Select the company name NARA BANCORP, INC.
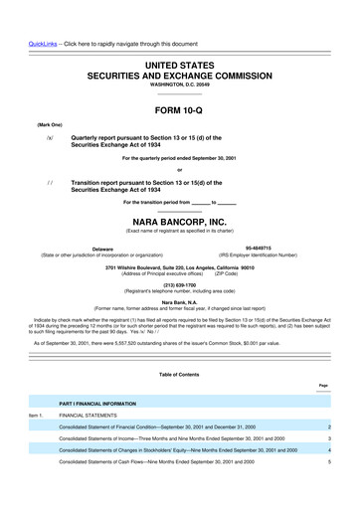tap(179, 224)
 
